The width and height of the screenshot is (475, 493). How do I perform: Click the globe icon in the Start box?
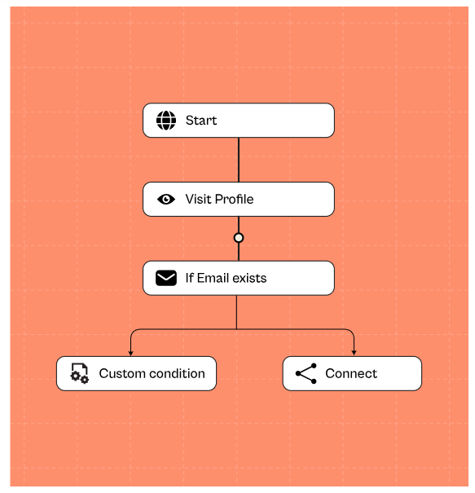click(166, 121)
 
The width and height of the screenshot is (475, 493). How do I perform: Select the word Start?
click(201, 121)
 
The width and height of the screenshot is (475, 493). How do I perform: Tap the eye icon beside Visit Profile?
click(166, 199)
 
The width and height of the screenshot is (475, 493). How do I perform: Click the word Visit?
click(197, 199)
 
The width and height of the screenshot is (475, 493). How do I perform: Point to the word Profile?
click(234, 199)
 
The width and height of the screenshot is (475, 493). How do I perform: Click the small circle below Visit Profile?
click(239, 238)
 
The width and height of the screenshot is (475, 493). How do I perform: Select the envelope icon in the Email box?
click(166, 278)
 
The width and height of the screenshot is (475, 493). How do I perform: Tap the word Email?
click(213, 278)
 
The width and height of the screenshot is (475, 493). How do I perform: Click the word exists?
click(249, 278)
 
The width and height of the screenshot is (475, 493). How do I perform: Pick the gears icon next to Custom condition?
click(80, 373)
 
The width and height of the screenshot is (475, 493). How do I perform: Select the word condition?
click(177, 373)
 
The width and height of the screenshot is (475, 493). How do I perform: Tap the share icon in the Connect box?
click(306, 373)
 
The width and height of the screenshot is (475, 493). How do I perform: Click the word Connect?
click(351, 373)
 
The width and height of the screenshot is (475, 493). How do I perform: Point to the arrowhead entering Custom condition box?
click(131, 354)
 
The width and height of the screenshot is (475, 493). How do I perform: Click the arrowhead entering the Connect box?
click(354, 354)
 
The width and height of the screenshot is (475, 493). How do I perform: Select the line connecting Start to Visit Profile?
click(239, 160)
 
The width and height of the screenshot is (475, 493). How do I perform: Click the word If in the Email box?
click(189, 278)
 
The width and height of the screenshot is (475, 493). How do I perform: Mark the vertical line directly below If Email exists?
click(236, 312)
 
